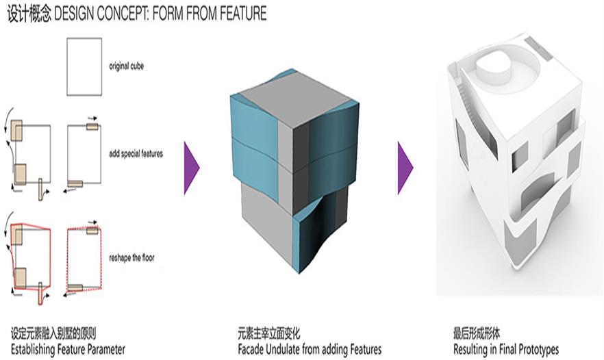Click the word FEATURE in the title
tap(236, 14)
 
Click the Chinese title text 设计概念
tap(29, 14)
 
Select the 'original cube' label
tap(127, 66)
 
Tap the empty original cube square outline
tap(84, 66)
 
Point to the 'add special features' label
tap(136, 153)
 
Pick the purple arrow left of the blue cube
tap(191, 167)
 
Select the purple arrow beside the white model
tap(405, 167)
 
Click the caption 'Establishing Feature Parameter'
tap(68, 349)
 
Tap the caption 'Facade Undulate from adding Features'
tap(310, 349)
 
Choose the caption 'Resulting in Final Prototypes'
tap(505, 349)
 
